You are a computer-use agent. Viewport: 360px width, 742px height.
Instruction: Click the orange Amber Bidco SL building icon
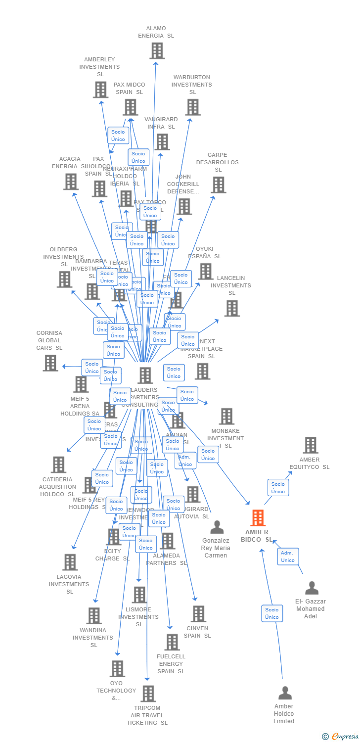tap(258, 518)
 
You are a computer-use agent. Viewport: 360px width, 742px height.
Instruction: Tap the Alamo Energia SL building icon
tap(157, 50)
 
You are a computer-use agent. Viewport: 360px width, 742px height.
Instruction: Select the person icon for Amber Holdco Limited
tap(285, 693)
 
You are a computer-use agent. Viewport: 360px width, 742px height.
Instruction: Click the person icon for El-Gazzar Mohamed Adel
tap(312, 588)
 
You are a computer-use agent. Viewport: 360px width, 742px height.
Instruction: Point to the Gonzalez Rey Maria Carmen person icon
tap(217, 527)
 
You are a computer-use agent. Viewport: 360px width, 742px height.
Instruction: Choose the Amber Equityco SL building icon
tap(310, 445)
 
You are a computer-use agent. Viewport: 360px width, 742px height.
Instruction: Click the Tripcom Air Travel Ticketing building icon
tap(148, 694)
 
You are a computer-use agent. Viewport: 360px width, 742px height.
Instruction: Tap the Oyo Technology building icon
tap(117, 669)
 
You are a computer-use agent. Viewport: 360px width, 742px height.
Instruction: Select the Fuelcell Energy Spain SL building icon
tap(172, 642)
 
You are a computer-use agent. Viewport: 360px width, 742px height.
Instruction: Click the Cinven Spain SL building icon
tap(198, 614)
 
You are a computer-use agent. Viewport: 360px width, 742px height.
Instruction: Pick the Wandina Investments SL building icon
tap(93, 616)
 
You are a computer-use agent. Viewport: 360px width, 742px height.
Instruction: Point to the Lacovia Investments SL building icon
tap(70, 562)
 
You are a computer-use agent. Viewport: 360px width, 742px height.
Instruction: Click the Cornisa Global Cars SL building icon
tap(50, 363)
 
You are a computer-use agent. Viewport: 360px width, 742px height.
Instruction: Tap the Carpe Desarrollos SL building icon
tap(218, 185)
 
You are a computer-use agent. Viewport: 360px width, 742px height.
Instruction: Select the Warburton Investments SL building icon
tap(193, 107)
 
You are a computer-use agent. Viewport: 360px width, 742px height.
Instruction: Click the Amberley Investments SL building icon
tap(100, 90)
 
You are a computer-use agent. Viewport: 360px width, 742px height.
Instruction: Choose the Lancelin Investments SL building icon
tap(231, 308)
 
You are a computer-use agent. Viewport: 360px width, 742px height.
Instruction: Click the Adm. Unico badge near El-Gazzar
tap(288, 556)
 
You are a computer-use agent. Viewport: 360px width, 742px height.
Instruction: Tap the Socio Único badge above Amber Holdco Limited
tap(272, 613)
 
